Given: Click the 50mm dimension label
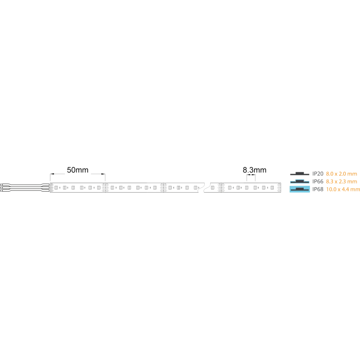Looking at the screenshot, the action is coord(77,170).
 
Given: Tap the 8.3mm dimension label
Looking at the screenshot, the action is coord(254,170).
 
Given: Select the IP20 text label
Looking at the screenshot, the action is coord(318,174).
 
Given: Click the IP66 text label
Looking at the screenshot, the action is coord(318,182).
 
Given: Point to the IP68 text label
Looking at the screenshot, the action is coord(318,189).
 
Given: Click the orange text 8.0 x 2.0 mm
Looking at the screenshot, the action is coord(342,174).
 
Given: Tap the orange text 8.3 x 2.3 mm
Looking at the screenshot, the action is coord(342,182).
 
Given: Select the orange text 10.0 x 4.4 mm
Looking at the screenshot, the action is coord(343,189).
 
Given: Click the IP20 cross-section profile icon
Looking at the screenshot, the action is coord(300,174).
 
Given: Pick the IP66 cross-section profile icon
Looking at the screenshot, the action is coord(300,182).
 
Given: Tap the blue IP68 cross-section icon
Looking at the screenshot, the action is coord(300,189).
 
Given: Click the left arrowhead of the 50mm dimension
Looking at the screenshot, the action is coord(52,174).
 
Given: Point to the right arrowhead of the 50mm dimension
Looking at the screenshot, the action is coord(103,174).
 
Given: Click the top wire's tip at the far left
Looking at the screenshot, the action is coord(1,185).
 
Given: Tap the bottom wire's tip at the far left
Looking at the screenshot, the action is coord(1,190).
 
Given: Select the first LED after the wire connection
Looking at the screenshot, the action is coord(56,188).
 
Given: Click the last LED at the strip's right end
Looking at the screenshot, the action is coord(272,188).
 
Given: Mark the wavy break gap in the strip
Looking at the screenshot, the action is coord(204,188).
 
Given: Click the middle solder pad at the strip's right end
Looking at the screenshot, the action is coord(279,188).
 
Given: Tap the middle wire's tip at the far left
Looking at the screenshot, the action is coord(1,188).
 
